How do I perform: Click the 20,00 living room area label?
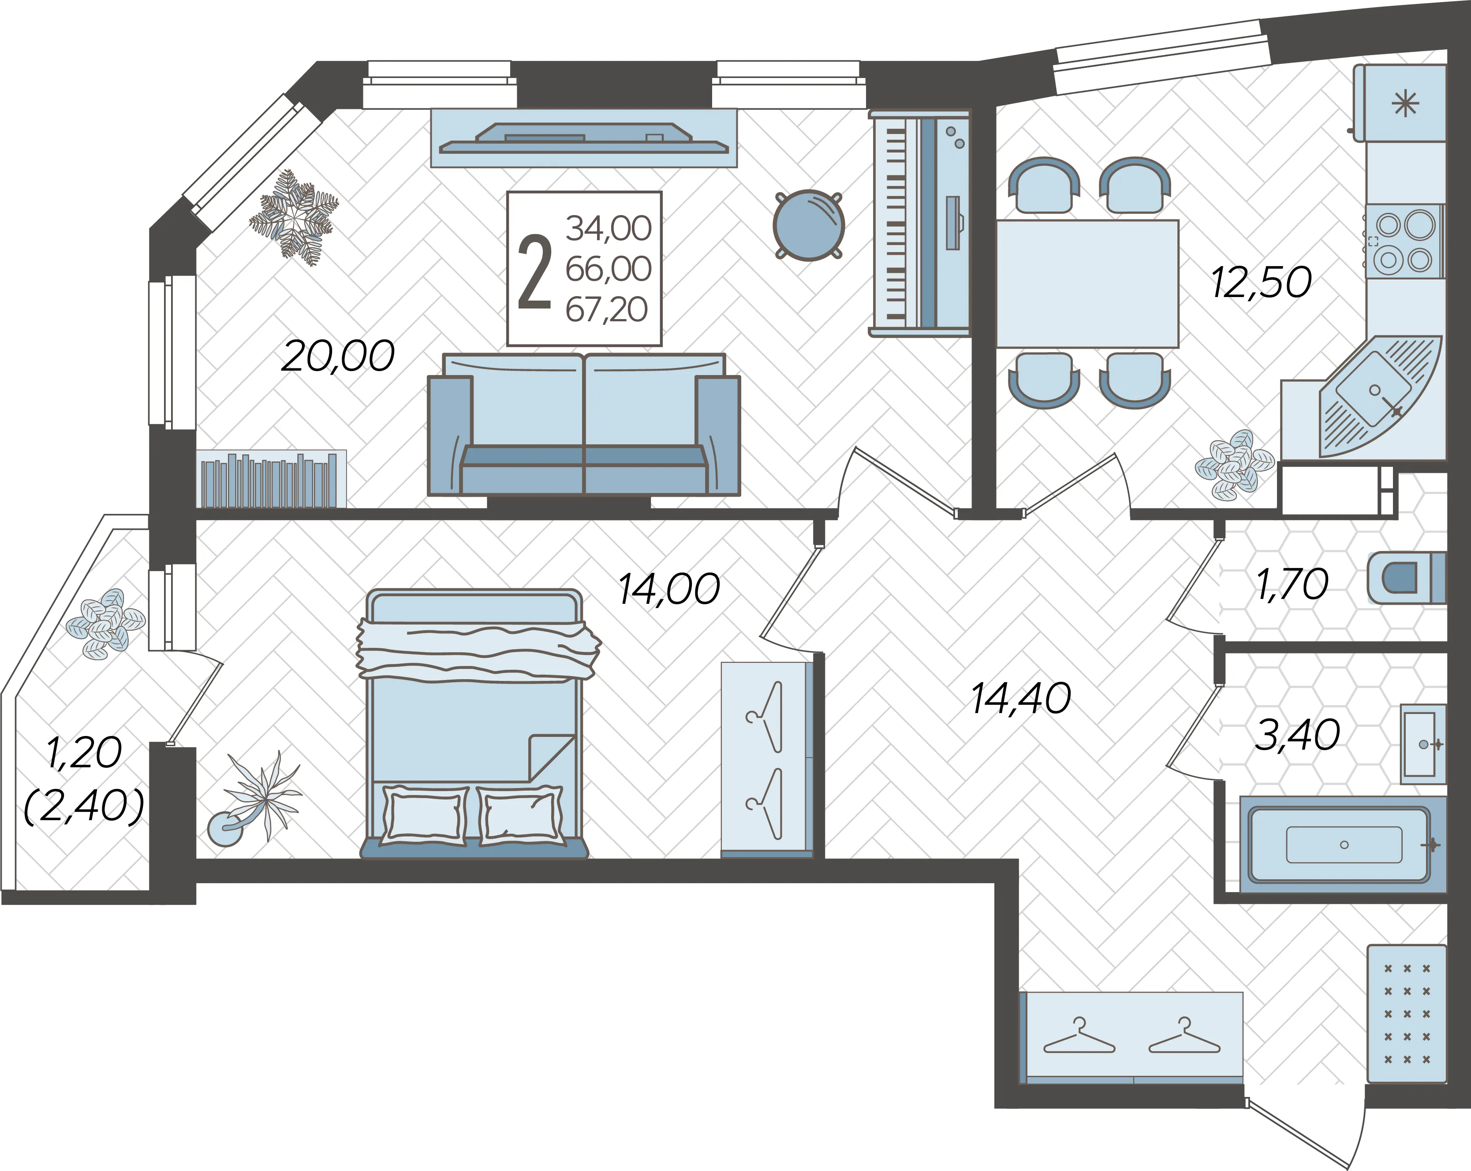[338, 356]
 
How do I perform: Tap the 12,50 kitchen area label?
[1261, 283]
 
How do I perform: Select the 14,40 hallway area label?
[1021, 699]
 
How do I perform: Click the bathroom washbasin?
[1423, 744]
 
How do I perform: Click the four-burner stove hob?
[1404, 242]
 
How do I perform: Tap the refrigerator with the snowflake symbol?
[1400, 103]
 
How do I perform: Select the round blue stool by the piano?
[809, 225]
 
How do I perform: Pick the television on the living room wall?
[584, 138]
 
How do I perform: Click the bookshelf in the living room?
[271, 479]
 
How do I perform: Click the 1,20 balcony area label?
[84, 752]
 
